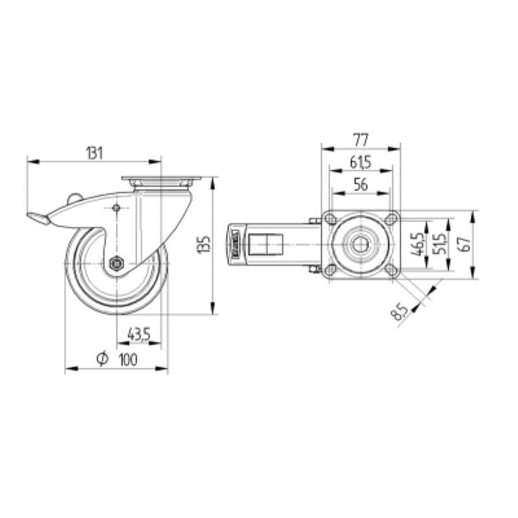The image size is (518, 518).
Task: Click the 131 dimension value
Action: coord(95,153)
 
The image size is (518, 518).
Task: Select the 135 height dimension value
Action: coord(203,245)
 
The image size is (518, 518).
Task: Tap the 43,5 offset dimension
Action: coord(139,335)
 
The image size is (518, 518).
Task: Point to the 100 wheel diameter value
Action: coord(128,359)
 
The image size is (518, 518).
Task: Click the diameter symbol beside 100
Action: coord(102,359)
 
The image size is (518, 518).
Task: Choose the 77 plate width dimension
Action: coord(361,141)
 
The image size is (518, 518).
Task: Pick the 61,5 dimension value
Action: coord(361,163)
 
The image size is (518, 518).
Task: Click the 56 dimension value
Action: coord(361,185)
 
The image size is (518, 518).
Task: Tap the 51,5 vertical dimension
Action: coord(440,245)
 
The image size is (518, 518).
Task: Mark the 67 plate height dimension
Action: coord(465,245)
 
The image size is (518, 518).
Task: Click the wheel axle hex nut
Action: coord(117,264)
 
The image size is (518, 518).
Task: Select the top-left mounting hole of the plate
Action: coord(330,219)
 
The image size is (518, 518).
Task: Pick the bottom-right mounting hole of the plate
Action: coord(392,270)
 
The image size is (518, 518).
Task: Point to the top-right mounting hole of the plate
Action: coord(392,219)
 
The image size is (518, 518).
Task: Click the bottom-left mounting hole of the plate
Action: coord(330,270)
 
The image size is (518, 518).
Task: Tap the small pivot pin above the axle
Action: coord(117,208)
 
